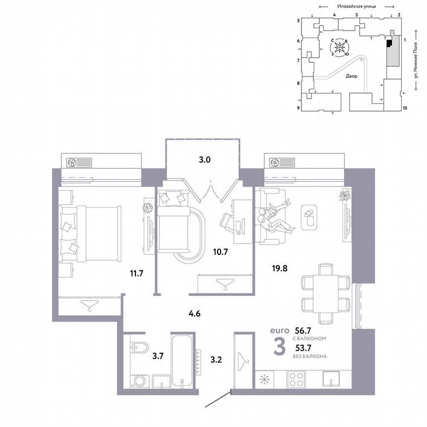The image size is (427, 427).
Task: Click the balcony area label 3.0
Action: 205,160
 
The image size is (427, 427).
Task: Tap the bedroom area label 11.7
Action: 135,272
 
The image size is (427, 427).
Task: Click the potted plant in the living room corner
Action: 344,195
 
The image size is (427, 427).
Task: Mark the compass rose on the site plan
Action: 340,48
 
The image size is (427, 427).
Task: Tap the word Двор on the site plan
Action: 351,77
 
